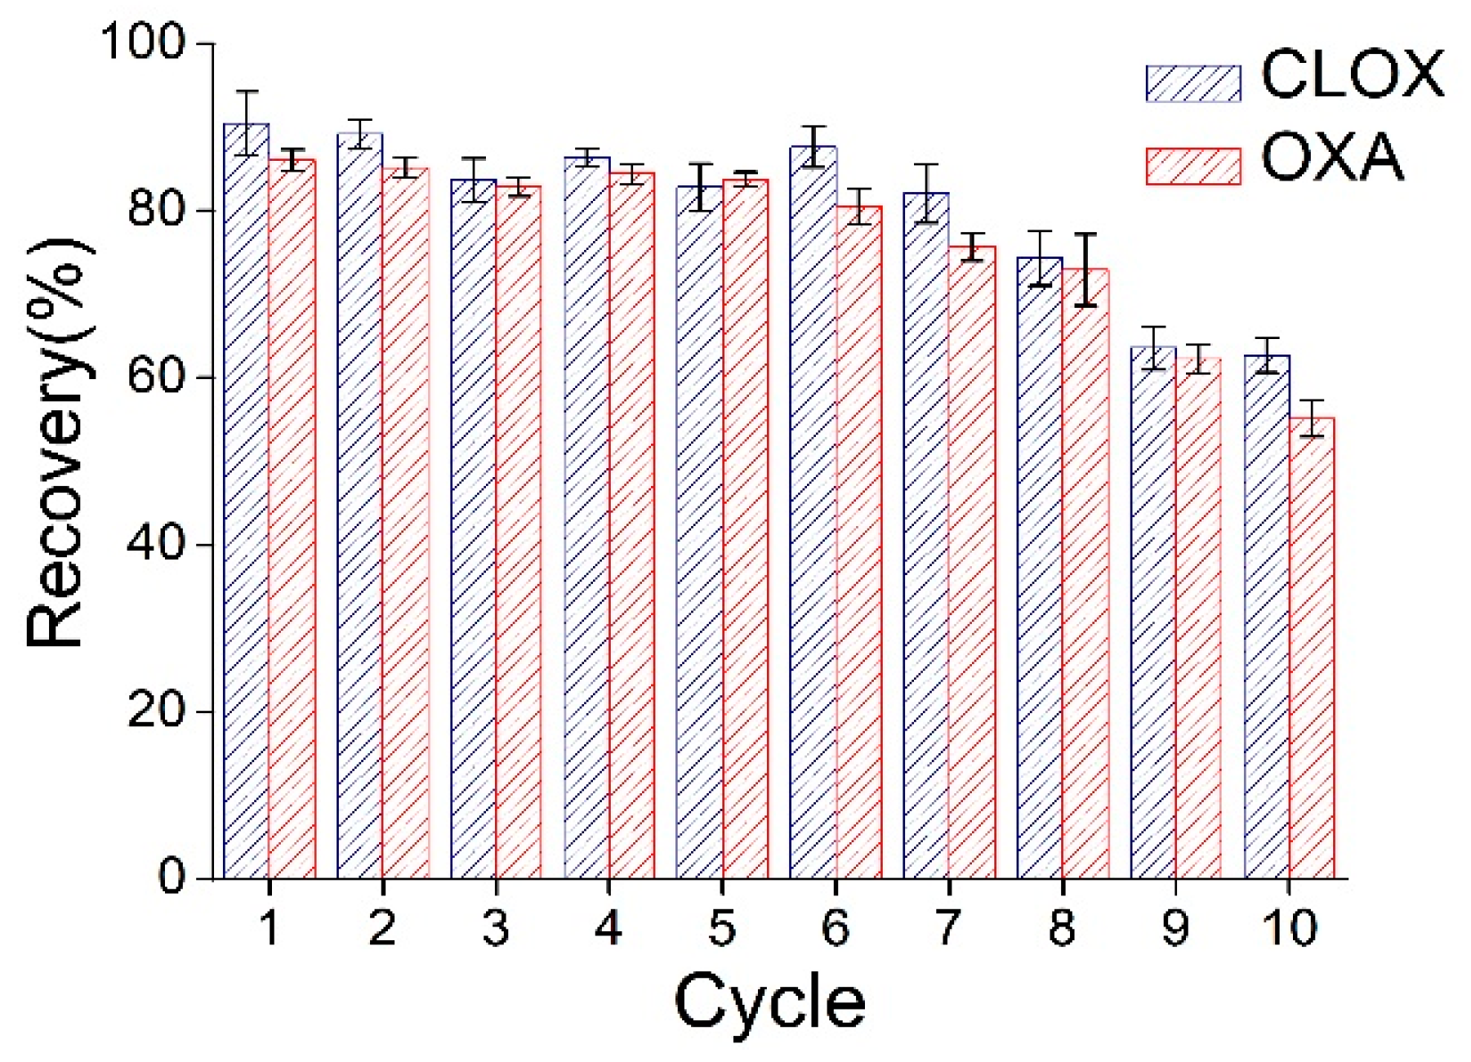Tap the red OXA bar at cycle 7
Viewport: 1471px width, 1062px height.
coord(972,564)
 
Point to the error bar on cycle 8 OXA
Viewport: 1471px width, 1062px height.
coord(1085,270)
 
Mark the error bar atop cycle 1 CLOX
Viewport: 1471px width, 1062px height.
coord(246,123)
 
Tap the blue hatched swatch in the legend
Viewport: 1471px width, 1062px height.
coord(1193,83)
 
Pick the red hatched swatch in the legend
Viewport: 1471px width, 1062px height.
coord(1193,166)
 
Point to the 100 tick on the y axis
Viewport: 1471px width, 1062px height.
coord(144,41)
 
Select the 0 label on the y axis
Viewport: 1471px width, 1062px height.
coord(172,877)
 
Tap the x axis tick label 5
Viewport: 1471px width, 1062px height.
coord(722,928)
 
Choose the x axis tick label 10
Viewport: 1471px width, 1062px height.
coord(1289,928)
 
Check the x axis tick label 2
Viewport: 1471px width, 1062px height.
coord(382,928)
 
